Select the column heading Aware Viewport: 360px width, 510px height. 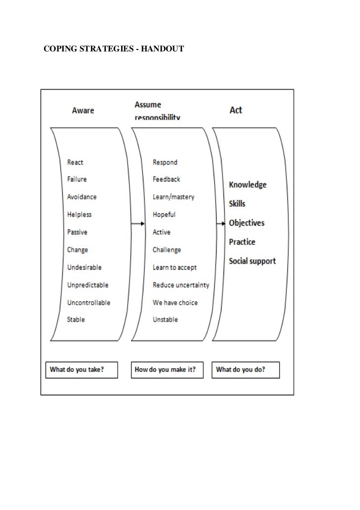click(x=83, y=110)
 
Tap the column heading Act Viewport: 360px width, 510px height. click(x=236, y=110)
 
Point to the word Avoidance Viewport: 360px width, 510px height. click(x=82, y=197)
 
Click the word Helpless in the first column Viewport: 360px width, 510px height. click(x=79, y=215)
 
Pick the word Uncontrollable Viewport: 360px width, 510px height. click(x=89, y=302)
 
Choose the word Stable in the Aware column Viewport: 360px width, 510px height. click(x=76, y=320)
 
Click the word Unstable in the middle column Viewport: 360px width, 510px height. click(x=165, y=320)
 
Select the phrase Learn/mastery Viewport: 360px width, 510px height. click(x=174, y=197)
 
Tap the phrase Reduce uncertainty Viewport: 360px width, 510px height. click(x=181, y=285)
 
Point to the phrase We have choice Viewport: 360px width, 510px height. click(x=175, y=302)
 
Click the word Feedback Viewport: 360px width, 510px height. click(x=167, y=179)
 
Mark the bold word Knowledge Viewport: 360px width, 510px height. click(x=248, y=185)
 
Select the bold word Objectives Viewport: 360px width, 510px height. click(x=247, y=223)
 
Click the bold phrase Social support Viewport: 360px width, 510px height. click(x=252, y=261)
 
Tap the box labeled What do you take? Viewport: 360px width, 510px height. click(x=82, y=370)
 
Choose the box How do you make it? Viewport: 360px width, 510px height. click(x=167, y=370)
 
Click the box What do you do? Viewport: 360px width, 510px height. click(x=246, y=370)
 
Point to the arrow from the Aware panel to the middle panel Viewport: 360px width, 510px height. click(x=137, y=224)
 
